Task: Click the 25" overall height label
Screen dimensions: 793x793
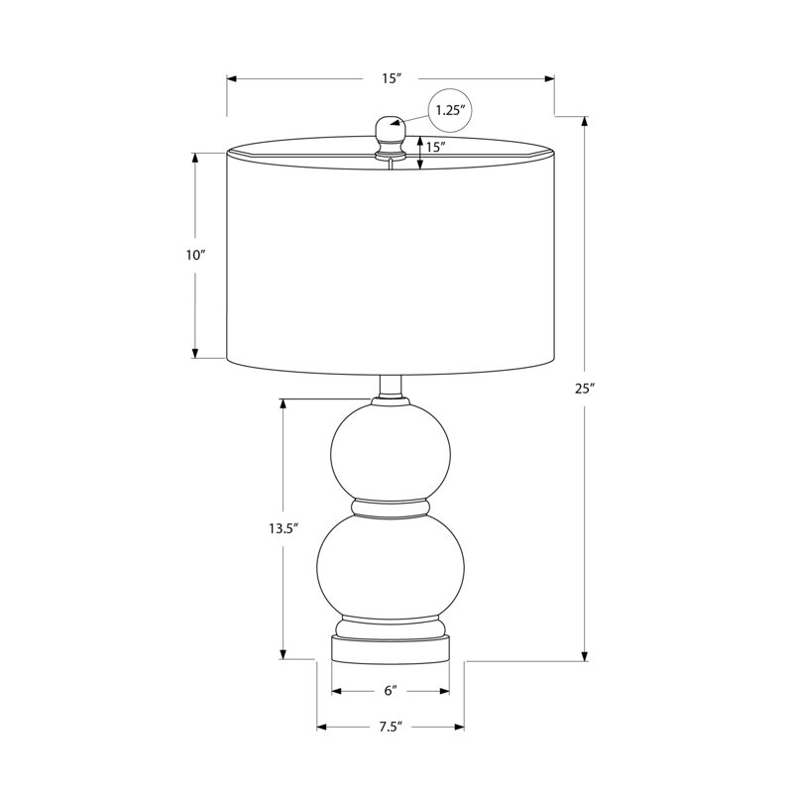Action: pos(584,389)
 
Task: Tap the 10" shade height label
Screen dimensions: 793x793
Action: pos(194,255)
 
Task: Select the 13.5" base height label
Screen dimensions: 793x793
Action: pos(283,528)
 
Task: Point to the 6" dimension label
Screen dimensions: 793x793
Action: pos(391,690)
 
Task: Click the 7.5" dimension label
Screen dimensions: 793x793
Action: pos(391,727)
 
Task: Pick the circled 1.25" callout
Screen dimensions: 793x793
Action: pos(450,110)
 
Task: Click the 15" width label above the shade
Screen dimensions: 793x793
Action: pos(391,78)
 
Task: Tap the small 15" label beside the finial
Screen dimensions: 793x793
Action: pos(435,147)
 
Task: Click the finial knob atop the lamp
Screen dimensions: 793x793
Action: pos(390,136)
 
